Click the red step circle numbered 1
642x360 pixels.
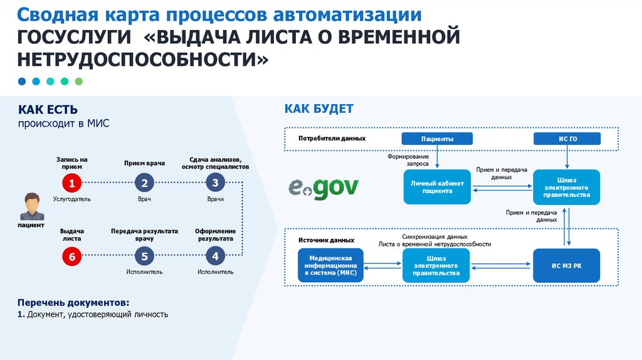72,183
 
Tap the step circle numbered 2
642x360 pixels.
144,183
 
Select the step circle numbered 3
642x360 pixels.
215,183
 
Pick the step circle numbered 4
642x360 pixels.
215,256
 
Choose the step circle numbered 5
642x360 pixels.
144,256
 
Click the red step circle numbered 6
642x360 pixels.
72,256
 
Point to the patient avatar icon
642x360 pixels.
31,206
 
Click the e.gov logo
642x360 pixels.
324,186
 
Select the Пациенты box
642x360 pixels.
437,139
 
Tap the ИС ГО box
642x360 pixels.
567,139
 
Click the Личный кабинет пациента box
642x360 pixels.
437,187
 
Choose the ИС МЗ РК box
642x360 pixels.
566,265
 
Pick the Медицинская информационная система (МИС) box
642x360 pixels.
331,265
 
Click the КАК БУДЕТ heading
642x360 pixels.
318,109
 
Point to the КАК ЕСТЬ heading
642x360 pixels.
48,110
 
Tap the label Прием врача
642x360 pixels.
144,163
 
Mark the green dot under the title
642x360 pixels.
78,82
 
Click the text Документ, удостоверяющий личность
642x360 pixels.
97,314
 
